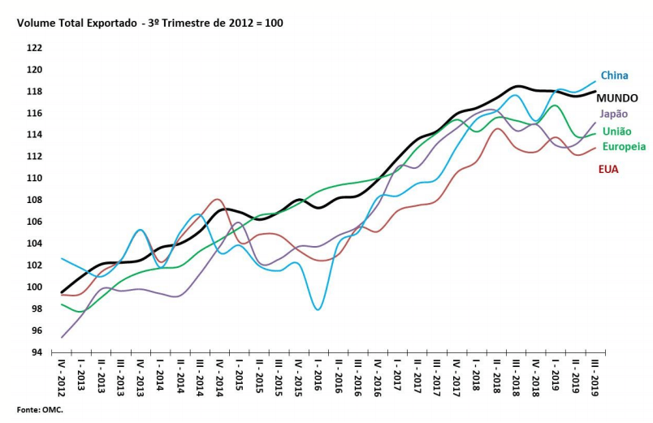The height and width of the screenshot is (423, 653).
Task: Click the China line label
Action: click(x=614, y=76)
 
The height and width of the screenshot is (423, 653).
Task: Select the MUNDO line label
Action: click(x=616, y=97)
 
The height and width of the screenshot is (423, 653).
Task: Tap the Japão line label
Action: click(x=614, y=114)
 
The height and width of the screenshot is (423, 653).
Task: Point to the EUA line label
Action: click(x=610, y=170)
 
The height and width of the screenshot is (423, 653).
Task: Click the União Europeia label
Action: click(x=624, y=139)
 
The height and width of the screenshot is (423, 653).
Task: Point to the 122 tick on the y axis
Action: click(x=35, y=47)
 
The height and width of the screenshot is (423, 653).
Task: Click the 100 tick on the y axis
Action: click(x=35, y=287)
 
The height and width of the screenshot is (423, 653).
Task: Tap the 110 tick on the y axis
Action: click(x=35, y=178)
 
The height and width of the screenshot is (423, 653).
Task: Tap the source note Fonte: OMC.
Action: click(x=40, y=410)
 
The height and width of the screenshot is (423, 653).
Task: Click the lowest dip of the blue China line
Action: click(x=318, y=309)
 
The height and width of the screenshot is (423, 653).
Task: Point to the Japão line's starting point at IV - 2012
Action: click(x=63, y=337)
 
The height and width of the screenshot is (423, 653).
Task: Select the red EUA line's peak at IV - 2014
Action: click(x=217, y=199)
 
